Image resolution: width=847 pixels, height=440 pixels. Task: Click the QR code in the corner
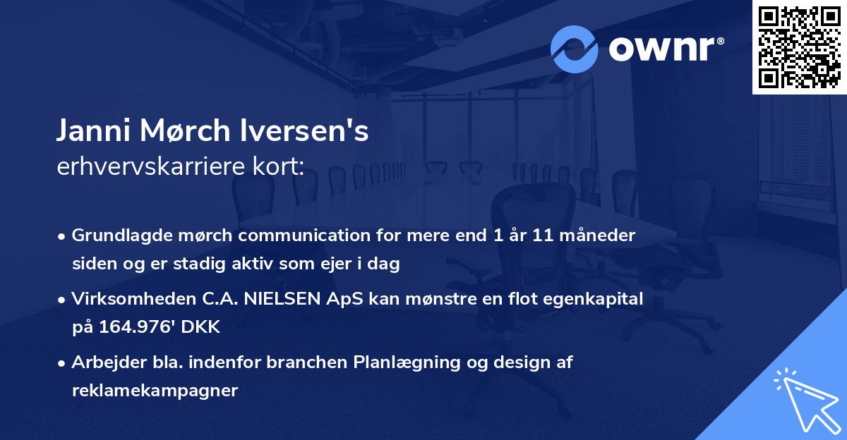click(799, 47)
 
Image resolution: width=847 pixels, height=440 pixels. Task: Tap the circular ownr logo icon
click(575, 49)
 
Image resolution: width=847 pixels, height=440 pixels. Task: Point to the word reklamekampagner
click(155, 391)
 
